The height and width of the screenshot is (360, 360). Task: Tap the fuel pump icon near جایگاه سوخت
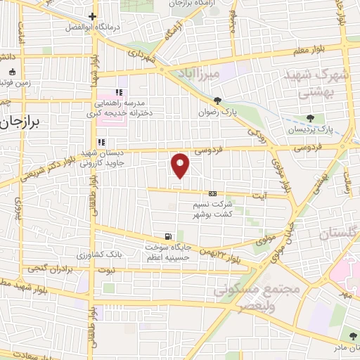(167, 236)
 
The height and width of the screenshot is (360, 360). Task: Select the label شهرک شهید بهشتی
(309, 83)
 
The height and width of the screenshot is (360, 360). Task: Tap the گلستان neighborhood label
(339, 234)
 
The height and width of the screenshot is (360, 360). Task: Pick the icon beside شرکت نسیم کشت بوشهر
(212, 194)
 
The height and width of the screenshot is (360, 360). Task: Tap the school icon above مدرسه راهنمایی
(119, 91)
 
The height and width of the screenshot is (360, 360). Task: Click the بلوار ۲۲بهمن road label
(224, 257)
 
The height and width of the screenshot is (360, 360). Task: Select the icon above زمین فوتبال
(12, 72)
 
